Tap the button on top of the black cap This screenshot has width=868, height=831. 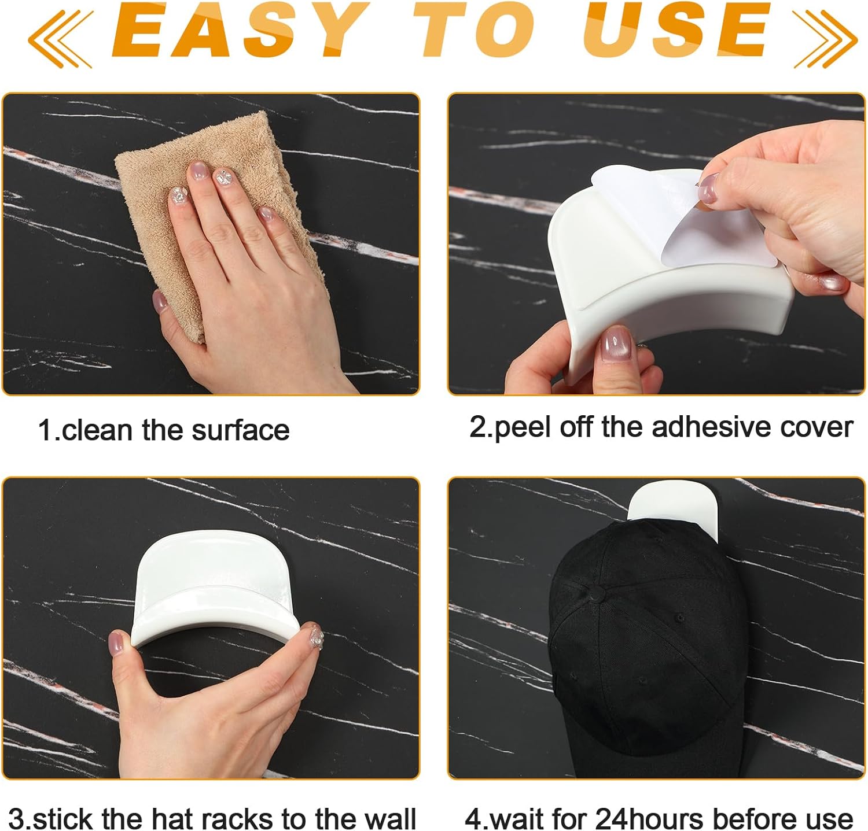point(594,592)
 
